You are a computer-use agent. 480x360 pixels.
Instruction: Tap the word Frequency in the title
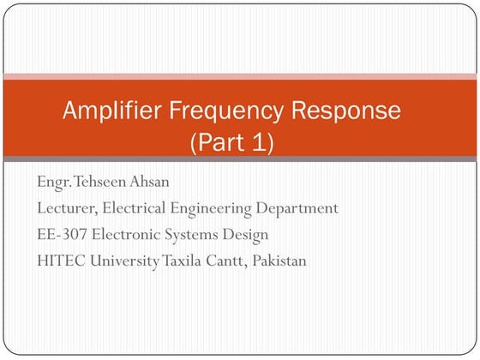(223, 111)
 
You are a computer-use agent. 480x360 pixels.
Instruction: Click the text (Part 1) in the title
(231, 141)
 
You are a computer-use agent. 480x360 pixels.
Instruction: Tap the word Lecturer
(67, 208)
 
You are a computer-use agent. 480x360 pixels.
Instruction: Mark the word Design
(246, 235)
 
